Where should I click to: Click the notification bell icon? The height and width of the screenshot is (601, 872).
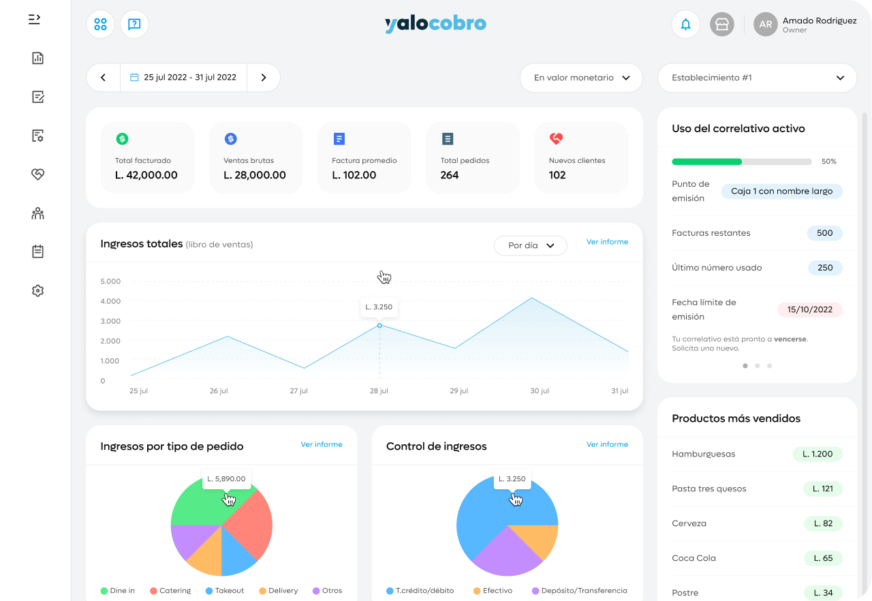point(685,25)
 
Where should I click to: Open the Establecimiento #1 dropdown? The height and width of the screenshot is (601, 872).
point(757,78)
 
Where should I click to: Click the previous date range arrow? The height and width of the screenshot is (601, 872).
point(103,78)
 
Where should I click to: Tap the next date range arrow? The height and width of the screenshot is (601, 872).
point(264,78)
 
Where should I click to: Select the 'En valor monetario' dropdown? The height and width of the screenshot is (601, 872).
point(581,78)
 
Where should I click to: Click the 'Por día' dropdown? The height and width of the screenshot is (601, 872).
point(530,245)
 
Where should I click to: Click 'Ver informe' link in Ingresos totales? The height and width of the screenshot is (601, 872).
point(607,242)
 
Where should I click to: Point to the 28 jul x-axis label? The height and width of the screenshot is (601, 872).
point(379,391)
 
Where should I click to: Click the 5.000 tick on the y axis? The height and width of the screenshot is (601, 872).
point(110,281)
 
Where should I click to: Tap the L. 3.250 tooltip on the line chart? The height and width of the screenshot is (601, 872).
point(379,307)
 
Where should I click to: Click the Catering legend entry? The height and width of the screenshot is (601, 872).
point(170,591)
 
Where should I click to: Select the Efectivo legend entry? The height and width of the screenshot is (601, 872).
point(493,591)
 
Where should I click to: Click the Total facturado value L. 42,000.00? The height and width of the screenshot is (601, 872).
point(146,175)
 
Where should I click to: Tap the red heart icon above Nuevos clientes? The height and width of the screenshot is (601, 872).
point(556,138)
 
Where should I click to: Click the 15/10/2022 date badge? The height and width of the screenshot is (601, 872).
point(810,309)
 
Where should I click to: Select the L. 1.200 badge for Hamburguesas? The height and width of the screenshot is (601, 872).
point(817,454)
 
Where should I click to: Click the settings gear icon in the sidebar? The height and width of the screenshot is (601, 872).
point(37,291)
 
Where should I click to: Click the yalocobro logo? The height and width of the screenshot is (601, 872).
point(435,24)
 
